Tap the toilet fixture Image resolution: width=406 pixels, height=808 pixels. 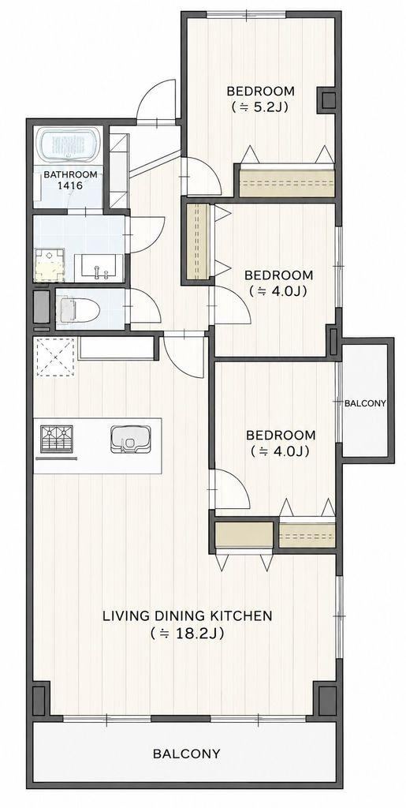pos(77,309)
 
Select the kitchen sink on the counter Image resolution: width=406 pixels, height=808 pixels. pos(131,439)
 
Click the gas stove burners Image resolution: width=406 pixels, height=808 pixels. pos(57,439)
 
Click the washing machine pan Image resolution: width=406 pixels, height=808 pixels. pos(50,265)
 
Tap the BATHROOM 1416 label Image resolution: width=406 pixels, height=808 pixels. pos(70,180)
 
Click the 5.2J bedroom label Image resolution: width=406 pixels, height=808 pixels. pos(261,99)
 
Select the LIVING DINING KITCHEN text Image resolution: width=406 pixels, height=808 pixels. pos(188,615)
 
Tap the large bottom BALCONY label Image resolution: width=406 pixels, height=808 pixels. pos(186,754)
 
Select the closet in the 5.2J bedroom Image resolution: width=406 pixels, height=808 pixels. pos(287,181)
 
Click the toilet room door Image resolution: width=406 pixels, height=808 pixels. pos(145,306)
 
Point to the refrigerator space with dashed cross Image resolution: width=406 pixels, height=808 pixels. pos(55,357)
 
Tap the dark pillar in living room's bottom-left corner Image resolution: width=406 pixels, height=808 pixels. pos(41,698)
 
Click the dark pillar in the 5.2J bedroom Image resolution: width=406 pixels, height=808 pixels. pos(328,99)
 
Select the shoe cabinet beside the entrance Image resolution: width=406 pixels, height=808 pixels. pos(119,170)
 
